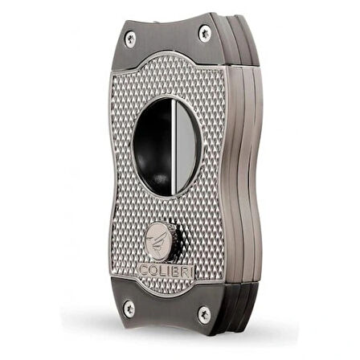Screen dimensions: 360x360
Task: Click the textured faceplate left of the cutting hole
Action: [x=133, y=161]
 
